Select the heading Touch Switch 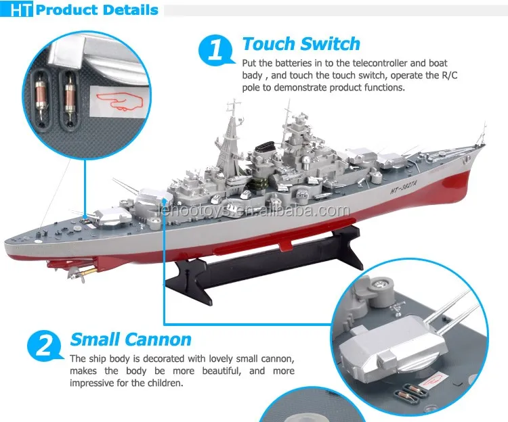point(301,45)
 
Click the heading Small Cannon point(131,339)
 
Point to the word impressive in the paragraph point(96,383)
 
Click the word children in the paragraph point(164,383)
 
